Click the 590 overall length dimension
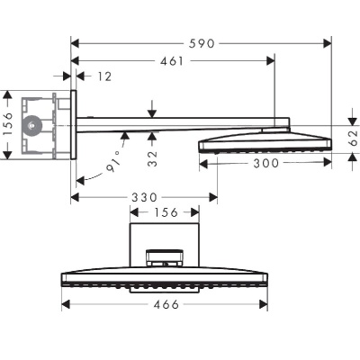coord(202,41)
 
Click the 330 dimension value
coord(144,196)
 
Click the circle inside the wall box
coord(34,124)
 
